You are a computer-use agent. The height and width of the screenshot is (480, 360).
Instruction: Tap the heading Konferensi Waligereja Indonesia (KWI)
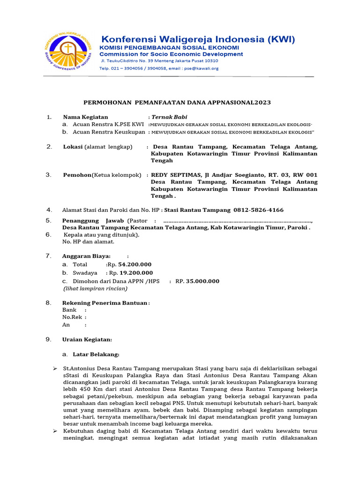point(198,39)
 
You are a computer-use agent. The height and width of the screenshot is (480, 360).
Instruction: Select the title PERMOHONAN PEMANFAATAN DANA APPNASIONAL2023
point(177,102)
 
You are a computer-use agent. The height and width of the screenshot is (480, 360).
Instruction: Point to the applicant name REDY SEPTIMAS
point(176,175)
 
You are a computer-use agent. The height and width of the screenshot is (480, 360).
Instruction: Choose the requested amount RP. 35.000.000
point(197,281)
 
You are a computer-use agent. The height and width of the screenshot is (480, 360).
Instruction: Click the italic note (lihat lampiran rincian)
point(95,288)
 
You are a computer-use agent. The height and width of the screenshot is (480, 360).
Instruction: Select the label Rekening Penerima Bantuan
point(105,303)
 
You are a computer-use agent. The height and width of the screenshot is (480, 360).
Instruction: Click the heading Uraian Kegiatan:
point(87,339)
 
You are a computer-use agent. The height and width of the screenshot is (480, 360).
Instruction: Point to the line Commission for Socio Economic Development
point(171,54)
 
